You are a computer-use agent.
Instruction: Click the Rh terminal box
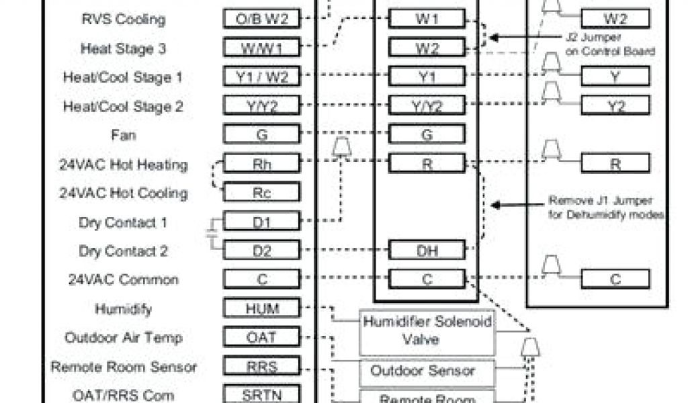click(261, 163)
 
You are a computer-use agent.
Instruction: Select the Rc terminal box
click(261, 192)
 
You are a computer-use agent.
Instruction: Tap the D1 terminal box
click(261, 221)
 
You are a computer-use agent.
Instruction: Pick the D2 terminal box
click(261, 250)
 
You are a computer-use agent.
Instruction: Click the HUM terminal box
click(261, 308)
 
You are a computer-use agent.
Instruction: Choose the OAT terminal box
click(261, 337)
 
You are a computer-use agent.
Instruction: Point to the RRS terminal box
click(261, 366)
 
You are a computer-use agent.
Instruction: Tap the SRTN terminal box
click(261, 394)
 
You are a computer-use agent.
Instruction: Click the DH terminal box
click(427, 250)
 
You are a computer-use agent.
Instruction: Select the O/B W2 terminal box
click(261, 19)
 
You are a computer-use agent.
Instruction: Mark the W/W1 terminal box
click(261, 48)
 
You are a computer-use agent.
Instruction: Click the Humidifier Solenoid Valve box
click(428, 331)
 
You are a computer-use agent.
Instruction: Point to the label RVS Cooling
click(122, 19)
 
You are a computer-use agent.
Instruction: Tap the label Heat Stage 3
click(124, 48)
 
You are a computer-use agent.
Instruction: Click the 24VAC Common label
click(123, 279)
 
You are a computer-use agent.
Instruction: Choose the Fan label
click(124, 135)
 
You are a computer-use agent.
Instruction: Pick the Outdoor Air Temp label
click(124, 337)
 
